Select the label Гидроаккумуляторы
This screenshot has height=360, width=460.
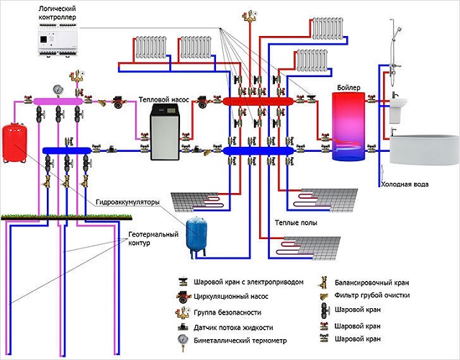[127, 203]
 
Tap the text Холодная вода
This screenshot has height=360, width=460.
[405, 184]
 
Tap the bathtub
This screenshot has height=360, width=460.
[423, 153]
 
